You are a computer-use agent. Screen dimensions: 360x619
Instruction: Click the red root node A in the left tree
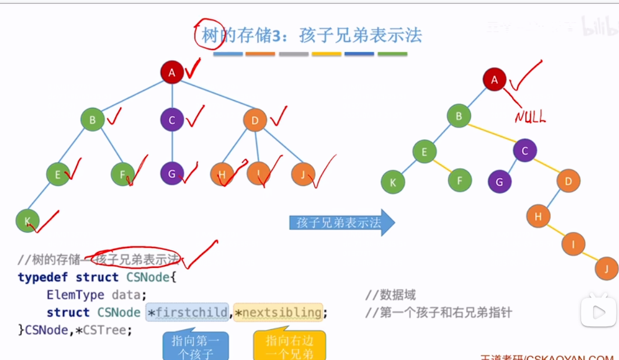(172, 73)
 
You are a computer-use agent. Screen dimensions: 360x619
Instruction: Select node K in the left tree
(27, 221)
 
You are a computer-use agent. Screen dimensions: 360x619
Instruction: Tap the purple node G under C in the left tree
(172, 174)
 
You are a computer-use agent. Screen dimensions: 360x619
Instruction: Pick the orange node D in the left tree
(255, 120)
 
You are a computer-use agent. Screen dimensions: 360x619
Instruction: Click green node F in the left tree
(123, 174)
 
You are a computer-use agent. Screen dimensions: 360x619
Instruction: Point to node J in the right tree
(607, 269)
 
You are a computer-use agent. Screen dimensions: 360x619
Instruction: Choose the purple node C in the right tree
(525, 151)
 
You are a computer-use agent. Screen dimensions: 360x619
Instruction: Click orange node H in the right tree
(538, 217)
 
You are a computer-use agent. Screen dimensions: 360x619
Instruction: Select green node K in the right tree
(393, 182)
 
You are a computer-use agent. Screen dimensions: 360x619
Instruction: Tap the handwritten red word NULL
(530, 117)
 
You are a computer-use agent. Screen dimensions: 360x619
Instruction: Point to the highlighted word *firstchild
(187, 312)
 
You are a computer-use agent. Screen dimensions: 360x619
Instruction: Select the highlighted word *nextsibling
(279, 312)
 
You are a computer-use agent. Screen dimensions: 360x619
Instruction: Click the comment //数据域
(391, 295)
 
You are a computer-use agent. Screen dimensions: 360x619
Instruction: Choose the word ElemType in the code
(75, 294)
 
